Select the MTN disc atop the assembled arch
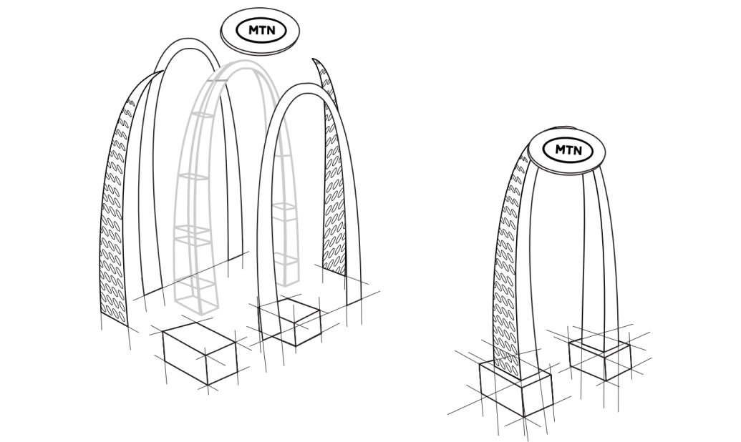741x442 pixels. pos(566,152)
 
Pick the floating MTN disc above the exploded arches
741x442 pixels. pos(260,31)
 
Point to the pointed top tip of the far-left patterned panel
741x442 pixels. pos(163,72)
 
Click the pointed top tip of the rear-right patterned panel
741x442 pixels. pos(312,59)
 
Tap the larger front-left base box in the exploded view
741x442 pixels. pos(200,353)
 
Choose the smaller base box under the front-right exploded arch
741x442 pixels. pos(289,321)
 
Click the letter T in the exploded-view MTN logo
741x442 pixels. pos(262,31)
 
